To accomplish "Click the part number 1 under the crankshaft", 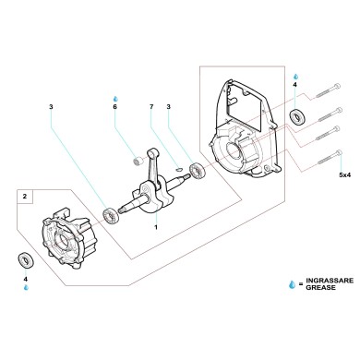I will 156,227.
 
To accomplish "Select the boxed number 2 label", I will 26,197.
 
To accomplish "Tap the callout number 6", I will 115,107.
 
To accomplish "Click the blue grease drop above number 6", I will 114,96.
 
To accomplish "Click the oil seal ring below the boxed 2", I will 26,258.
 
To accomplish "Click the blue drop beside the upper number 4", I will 295,75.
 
